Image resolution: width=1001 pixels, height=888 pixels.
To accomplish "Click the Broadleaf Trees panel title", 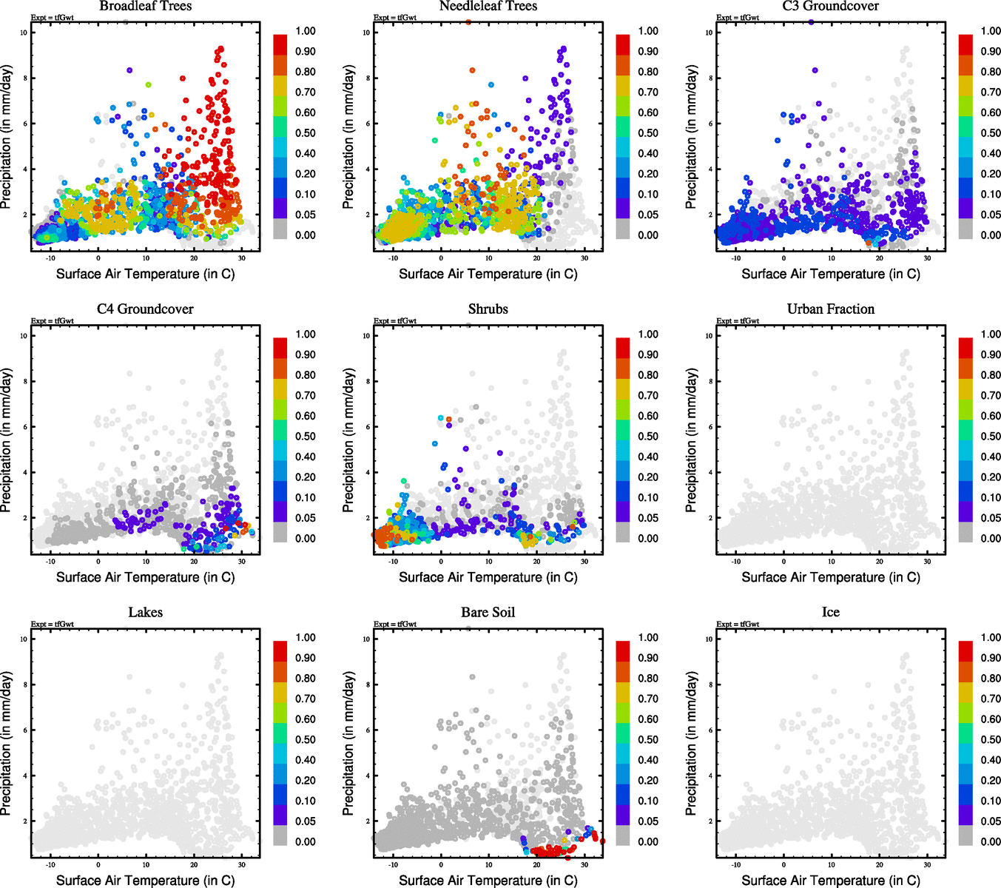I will point(145,7).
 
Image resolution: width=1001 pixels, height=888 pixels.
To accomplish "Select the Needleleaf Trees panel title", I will point(488,7).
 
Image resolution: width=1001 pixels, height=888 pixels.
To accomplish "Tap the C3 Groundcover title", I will point(830,7).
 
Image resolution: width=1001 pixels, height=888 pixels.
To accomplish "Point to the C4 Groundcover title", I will point(145,309).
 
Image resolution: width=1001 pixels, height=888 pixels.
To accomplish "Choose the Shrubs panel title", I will point(488,309).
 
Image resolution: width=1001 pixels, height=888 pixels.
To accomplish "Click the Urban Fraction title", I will point(830,309).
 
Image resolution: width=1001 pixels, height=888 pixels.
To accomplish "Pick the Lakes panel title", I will point(145,613).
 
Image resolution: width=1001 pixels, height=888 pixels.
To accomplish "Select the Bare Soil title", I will point(488,613).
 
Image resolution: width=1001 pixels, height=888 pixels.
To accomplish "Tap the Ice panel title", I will point(830,613).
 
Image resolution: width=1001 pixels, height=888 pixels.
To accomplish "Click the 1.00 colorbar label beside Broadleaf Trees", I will point(306,31).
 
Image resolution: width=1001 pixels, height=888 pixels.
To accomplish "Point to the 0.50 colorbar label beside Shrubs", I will point(648,437).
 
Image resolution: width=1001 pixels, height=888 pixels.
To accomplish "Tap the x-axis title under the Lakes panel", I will point(145,881).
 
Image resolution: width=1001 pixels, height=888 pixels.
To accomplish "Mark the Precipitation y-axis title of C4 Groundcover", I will point(7,440).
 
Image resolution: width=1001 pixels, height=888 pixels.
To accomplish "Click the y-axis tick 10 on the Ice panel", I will point(709,639).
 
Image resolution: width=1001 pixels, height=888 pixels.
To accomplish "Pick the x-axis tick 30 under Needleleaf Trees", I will point(584,258).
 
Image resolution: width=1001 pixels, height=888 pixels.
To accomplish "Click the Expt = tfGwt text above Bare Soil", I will point(395,625).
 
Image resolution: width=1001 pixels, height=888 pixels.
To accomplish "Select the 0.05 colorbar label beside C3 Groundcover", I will point(991,215).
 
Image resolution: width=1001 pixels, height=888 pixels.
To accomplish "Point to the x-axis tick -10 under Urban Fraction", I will point(735,562).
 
